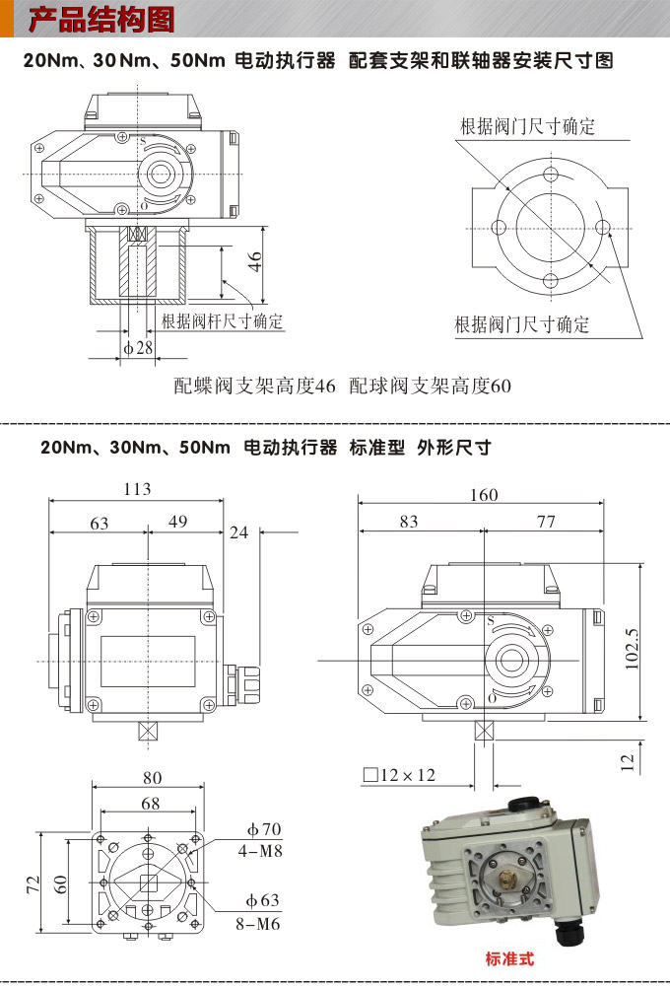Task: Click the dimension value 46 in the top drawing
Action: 255,261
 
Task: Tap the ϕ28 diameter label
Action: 138,347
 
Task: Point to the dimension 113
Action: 137,489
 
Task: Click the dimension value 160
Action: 484,494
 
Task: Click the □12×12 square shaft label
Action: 399,775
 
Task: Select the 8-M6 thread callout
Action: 262,924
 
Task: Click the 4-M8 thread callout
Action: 262,849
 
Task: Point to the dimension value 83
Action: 409,523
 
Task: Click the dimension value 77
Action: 546,523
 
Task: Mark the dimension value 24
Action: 238,532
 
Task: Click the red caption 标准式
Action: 509,957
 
